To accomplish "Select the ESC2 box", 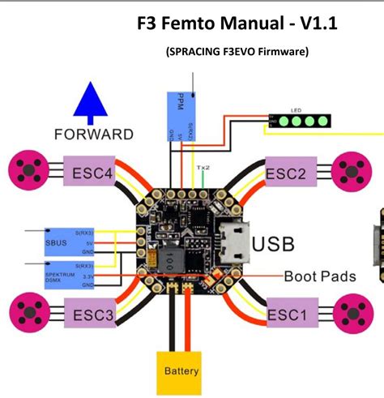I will [x=285, y=173].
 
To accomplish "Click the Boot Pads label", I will [x=319, y=276].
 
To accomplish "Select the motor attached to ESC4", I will [x=28, y=171].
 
